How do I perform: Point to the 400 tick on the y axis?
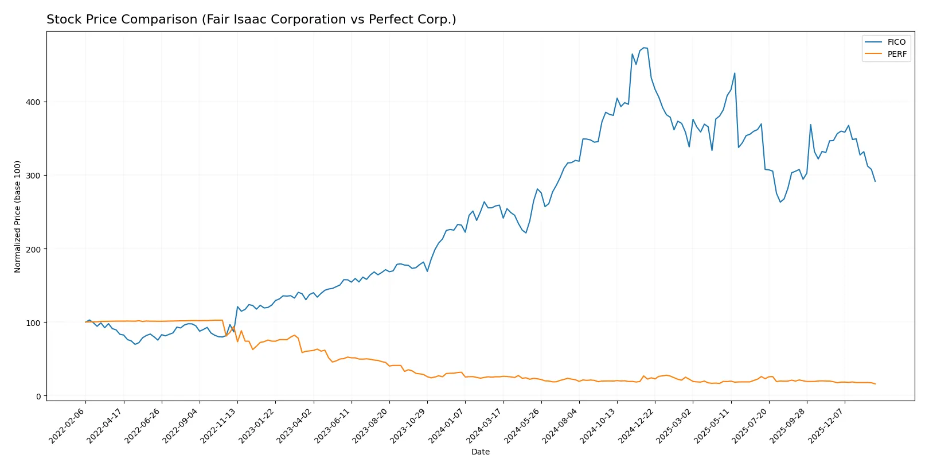[x=33, y=102]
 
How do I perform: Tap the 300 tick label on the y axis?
[x=33, y=176]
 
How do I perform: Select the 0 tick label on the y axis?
[x=38, y=397]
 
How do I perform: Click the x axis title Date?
[x=480, y=452]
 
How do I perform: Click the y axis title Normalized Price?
[x=18, y=216]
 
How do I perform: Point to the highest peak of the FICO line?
[x=643, y=48]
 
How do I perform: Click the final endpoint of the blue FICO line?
[x=875, y=181]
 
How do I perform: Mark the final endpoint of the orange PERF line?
[x=875, y=384]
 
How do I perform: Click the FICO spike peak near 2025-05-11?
[x=735, y=73]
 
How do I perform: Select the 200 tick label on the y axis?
[x=33, y=250]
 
